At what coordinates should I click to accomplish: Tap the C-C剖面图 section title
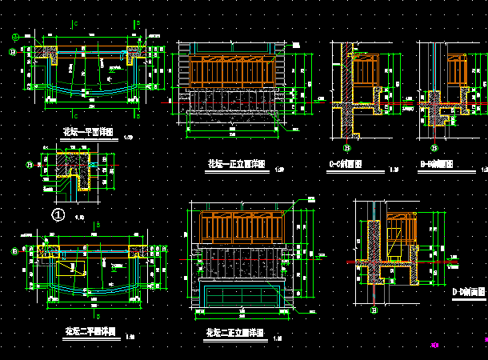click(x=346, y=166)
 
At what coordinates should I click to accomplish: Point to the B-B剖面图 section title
click(x=437, y=165)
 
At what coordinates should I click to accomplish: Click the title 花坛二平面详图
click(x=90, y=330)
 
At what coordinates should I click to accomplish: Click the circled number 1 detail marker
click(x=58, y=214)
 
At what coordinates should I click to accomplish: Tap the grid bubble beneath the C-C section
click(x=347, y=147)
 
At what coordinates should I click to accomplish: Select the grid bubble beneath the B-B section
click(x=434, y=147)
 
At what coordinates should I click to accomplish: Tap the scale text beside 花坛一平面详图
click(x=130, y=137)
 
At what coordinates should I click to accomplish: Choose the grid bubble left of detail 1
click(x=30, y=165)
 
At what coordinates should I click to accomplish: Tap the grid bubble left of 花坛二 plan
click(x=14, y=251)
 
